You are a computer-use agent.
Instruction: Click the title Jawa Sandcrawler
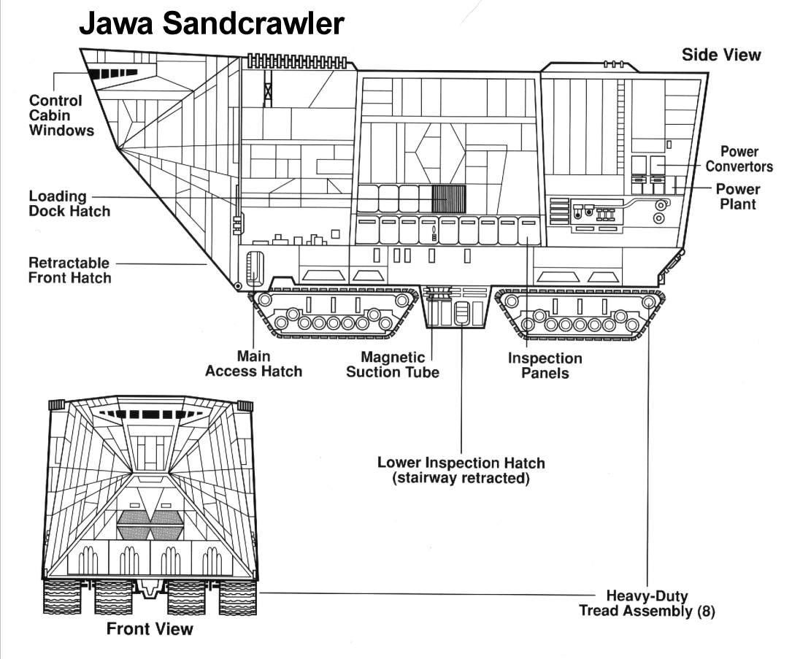click(x=211, y=25)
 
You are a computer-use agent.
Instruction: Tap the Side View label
click(x=720, y=55)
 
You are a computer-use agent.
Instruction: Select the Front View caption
click(x=150, y=628)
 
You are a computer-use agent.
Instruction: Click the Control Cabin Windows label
click(x=61, y=115)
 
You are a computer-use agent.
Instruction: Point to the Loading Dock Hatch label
click(x=69, y=204)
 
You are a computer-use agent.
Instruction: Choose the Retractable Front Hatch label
click(x=69, y=270)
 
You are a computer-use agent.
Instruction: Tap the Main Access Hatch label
click(x=253, y=363)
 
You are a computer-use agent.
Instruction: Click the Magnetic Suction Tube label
click(x=393, y=365)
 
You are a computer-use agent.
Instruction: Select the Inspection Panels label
click(x=545, y=366)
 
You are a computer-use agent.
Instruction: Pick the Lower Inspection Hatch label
click(x=461, y=471)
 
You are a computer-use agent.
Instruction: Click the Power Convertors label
click(x=739, y=159)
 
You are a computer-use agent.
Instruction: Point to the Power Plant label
click(x=738, y=196)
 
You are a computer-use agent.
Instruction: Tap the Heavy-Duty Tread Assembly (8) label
click(x=647, y=604)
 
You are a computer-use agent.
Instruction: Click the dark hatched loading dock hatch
click(x=449, y=199)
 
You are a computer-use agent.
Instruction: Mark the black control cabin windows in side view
click(x=99, y=74)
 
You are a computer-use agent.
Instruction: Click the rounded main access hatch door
click(x=254, y=268)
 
